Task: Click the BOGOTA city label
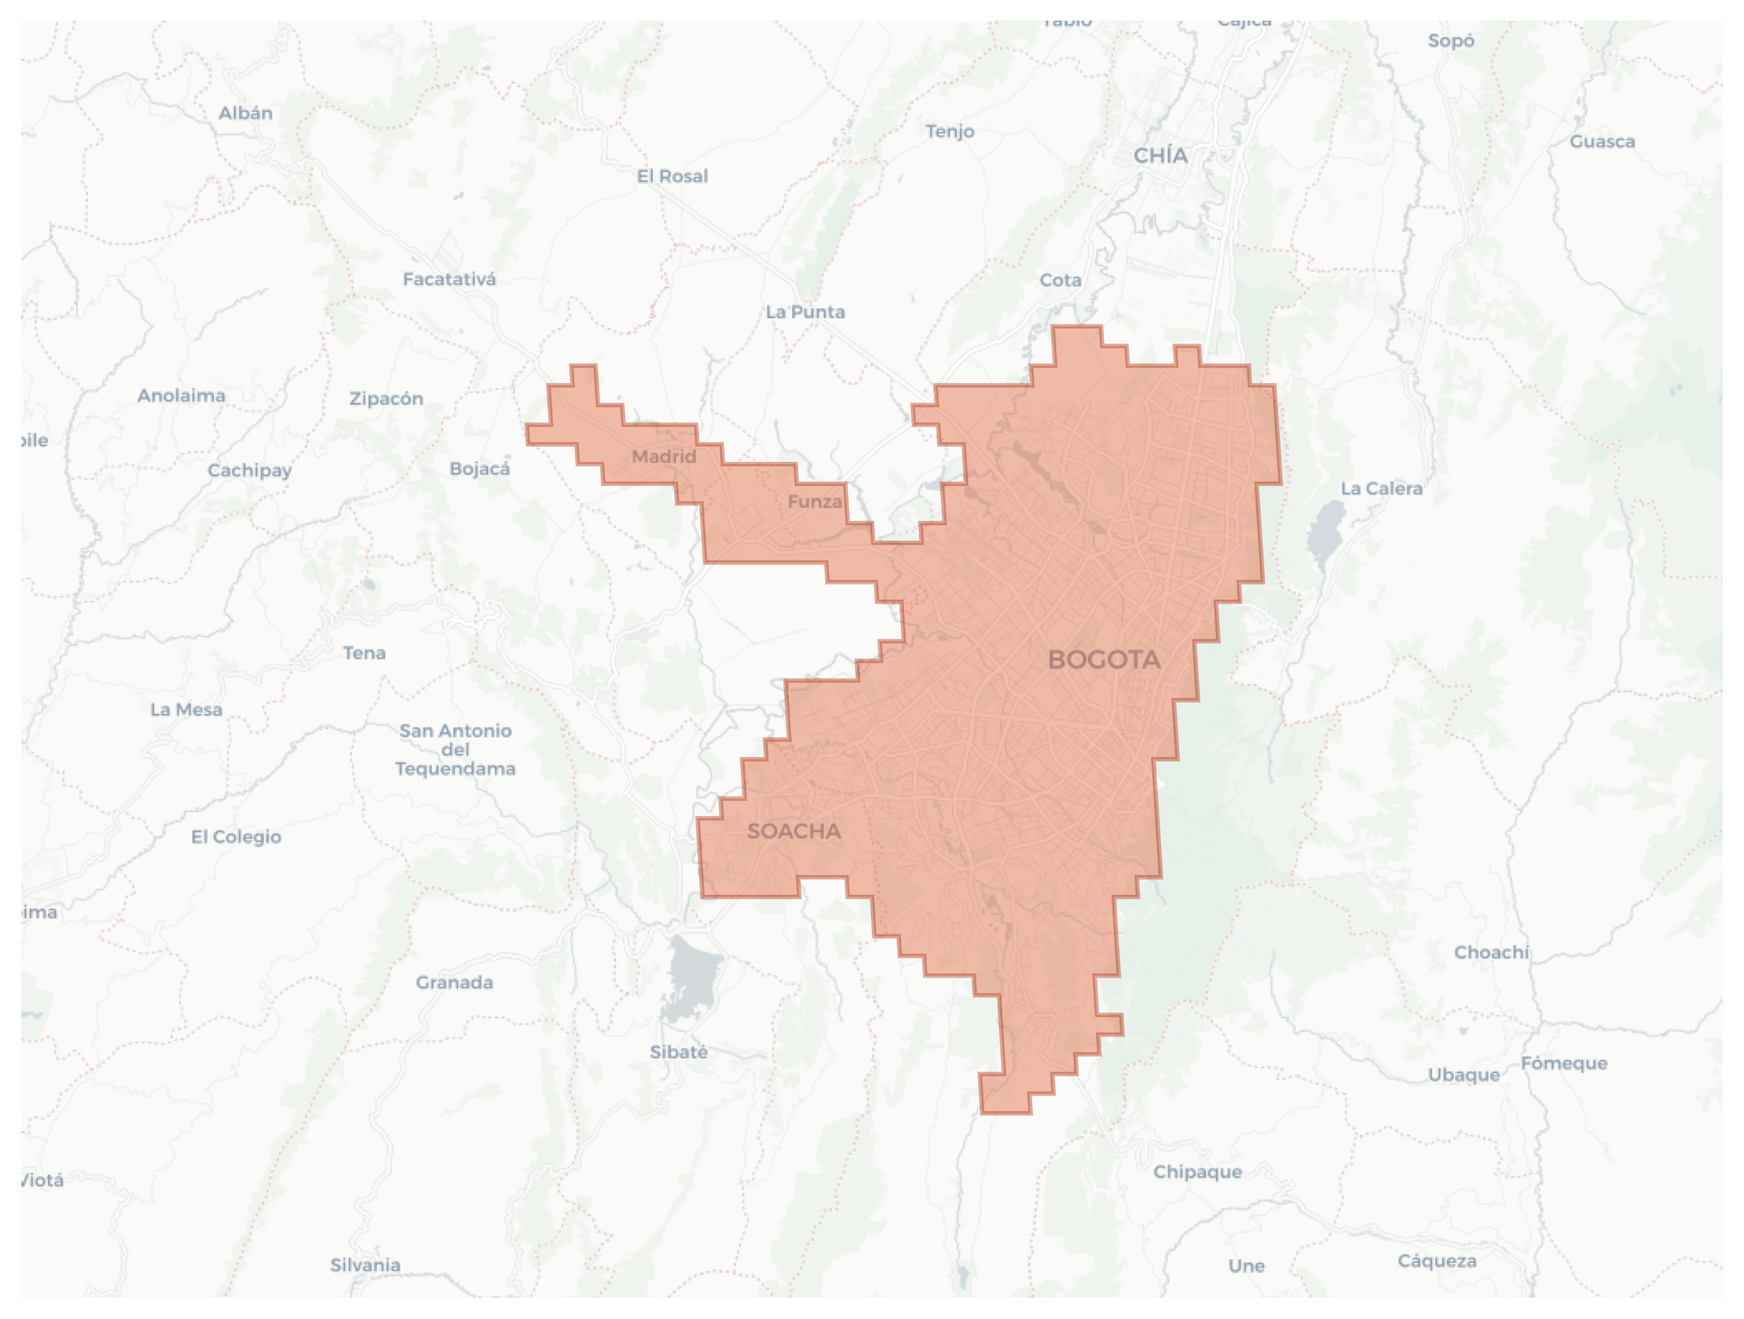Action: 1104,660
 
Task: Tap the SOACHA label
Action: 793,831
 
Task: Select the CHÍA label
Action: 1160,155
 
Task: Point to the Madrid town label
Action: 664,456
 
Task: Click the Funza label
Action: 815,501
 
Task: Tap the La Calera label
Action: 1381,488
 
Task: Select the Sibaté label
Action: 678,1052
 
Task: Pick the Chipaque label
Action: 1197,1171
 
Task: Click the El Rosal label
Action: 672,176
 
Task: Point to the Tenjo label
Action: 949,131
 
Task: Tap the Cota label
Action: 1061,280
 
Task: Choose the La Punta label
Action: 805,311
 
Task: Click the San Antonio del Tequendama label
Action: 455,749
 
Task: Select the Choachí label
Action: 1491,952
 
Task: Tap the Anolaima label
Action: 181,395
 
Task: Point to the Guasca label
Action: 1602,141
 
